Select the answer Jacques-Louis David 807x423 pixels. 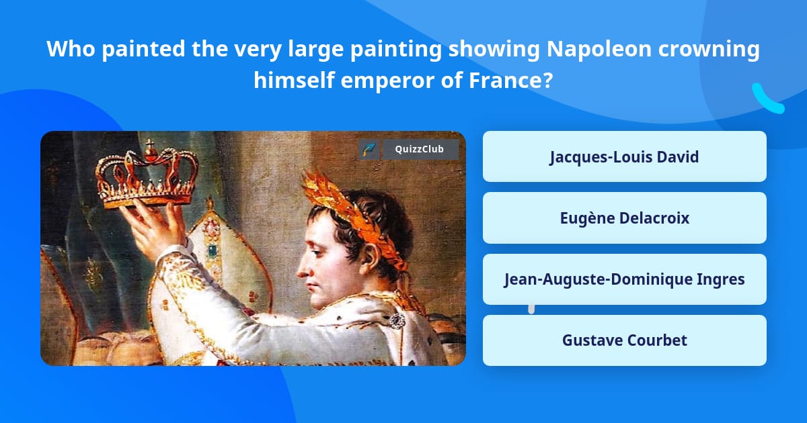pyautogui.click(x=624, y=157)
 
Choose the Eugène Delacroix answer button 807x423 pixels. pyautogui.click(x=624, y=218)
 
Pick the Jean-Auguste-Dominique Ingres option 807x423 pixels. pyautogui.click(x=624, y=279)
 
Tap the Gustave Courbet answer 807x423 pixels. pyautogui.click(x=624, y=340)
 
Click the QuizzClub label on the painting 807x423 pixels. pyautogui.click(x=420, y=149)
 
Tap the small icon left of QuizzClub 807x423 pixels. pyautogui.click(x=369, y=149)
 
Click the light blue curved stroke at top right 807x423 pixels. pyautogui.click(x=767, y=99)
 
